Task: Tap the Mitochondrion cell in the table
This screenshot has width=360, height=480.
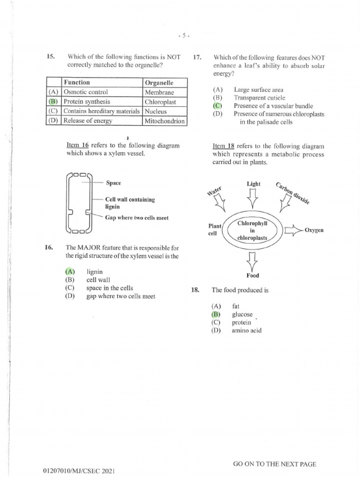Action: (165, 121)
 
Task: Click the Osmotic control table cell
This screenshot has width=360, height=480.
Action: (86, 92)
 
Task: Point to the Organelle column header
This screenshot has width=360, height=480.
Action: (159, 83)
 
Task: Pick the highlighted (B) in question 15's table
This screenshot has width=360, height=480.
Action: (53, 102)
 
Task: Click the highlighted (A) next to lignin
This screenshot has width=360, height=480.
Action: (70, 271)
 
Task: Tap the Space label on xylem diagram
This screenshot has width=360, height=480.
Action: (114, 183)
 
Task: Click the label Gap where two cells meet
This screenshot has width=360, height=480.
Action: (136, 217)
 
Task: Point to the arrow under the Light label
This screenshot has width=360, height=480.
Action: (253, 198)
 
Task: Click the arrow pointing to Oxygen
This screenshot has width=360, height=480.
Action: (293, 230)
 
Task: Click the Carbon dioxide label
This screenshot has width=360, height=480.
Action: (292, 192)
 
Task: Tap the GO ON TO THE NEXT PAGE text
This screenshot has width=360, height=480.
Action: (274, 464)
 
